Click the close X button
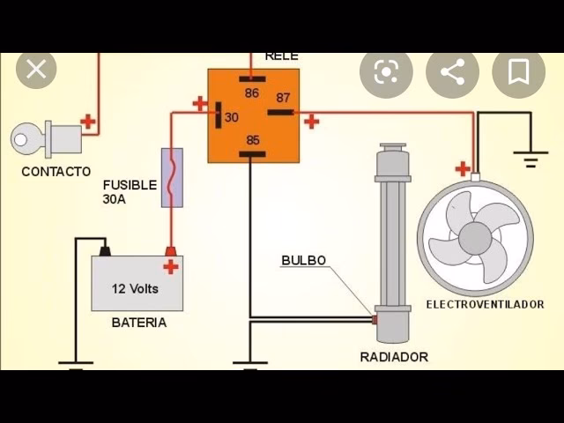coord(36,70)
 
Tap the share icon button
coord(452,72)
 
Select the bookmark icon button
coord(518,72)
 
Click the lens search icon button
coord(386,72)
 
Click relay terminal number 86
coord(252,92)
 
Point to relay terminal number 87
coord(282,99)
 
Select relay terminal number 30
coord(231,116)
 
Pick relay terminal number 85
coord(252,140)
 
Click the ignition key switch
coord(48,138)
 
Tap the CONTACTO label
coord(56,172)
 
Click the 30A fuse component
coord(172,177)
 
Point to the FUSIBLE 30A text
coord(130,192)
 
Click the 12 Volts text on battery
coord(135,288)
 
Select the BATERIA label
coord(138,323)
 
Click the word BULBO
coord(303,260)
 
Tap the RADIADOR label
coord(394,357)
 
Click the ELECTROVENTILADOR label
coord(485,304)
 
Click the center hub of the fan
coord(475,237)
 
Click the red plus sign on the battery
coord(171,266)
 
